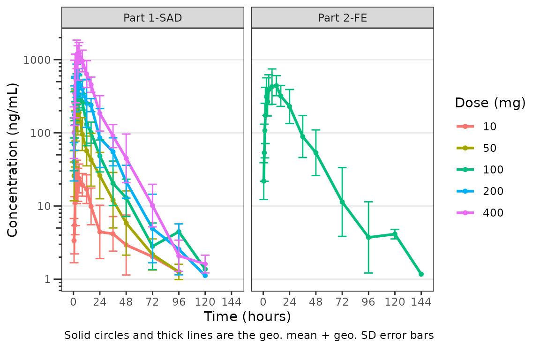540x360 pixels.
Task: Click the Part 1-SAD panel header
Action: point(152,18)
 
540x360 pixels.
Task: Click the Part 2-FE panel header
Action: point(342,18)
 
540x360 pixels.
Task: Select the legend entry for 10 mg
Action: point(489,126)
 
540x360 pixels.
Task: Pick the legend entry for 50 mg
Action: point(489,148)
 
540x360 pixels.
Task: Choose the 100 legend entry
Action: point(493,170)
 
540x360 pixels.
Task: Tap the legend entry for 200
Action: point(493,191)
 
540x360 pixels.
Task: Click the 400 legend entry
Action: point(493,213)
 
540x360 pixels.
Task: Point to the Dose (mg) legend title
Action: point(490,103)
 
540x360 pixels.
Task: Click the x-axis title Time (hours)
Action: point(247,316)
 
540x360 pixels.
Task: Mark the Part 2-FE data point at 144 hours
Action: point(421,274)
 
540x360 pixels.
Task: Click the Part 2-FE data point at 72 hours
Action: point(342,202)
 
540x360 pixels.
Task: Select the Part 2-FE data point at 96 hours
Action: point(368,237)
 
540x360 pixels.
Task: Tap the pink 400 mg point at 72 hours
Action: point(152,206)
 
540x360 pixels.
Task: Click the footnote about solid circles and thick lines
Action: point(249,336)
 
